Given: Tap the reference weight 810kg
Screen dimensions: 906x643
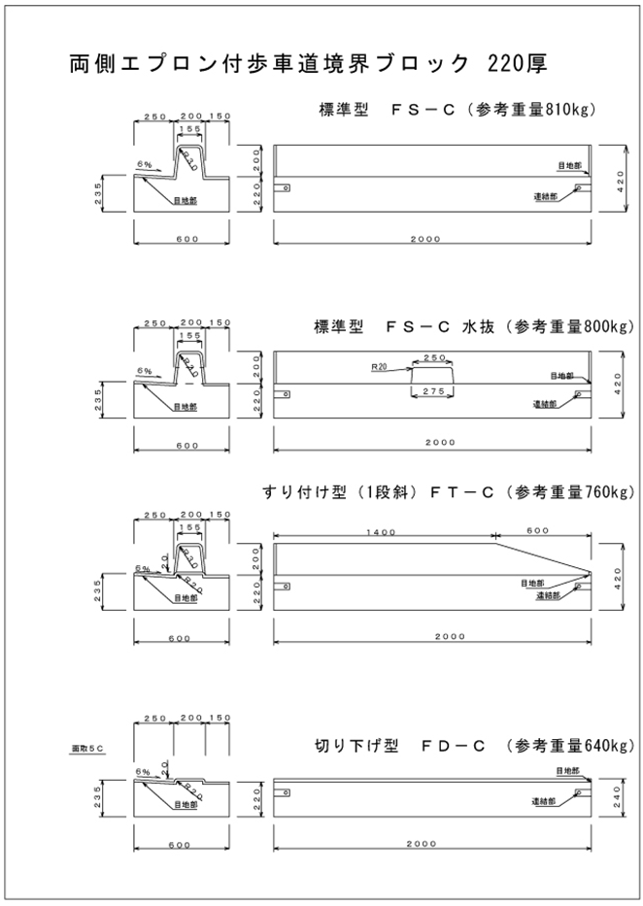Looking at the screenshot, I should pyautogui.click(x=571, y=109).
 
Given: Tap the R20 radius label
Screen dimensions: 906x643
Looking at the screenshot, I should pyautogui.click(x=379, y=368).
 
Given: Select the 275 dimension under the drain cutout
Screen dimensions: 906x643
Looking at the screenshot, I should pyautogui.click(x=433, y=390).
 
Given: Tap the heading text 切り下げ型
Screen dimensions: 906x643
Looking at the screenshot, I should pyautogui.click(x=344, y=745).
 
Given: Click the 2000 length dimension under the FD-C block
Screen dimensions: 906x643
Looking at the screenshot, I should pyautogui.click(x=432, y=844).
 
